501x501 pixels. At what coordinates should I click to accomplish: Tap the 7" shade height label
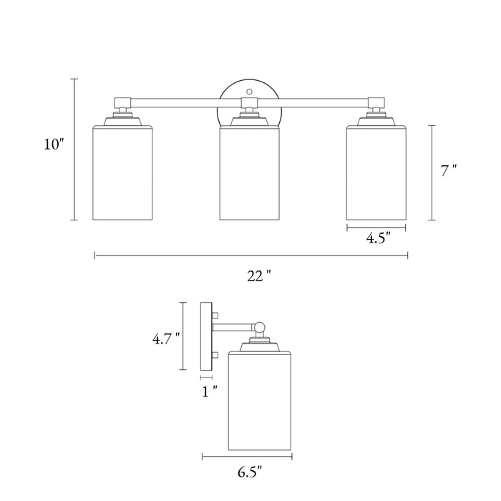click(448, 171)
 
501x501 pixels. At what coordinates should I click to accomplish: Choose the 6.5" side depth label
click(249, 471)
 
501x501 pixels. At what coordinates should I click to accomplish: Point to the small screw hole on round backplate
click(249, 92)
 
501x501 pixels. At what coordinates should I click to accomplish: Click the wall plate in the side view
click(207, 336)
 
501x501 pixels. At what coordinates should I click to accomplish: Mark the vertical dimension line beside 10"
click(74, 149)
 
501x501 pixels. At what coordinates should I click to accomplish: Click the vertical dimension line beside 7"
click(432, 172)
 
